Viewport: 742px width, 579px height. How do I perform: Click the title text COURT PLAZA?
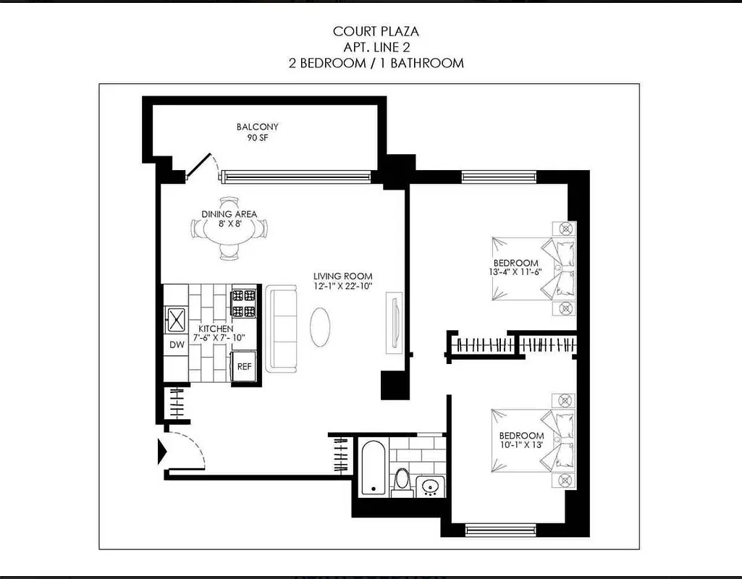(376, 31)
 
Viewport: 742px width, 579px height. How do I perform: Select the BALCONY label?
(257, 127)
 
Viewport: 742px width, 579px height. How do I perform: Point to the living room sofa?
(281, 329)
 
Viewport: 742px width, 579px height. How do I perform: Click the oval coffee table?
(322, 328)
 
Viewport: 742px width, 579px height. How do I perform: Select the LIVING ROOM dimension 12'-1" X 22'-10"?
(342, 287)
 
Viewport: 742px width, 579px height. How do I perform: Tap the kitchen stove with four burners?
(243, 304)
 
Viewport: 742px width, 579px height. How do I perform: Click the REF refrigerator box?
(245, 366)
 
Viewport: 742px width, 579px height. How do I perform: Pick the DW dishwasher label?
(177, 345)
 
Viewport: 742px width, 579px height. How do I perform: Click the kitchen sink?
(177, 317)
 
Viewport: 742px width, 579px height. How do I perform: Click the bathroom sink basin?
(430, 486)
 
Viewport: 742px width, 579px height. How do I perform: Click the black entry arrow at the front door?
(163, 452)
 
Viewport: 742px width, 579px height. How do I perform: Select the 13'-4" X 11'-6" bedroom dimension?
(516, 274)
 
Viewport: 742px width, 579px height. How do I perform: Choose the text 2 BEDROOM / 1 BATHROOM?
(376, 63)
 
